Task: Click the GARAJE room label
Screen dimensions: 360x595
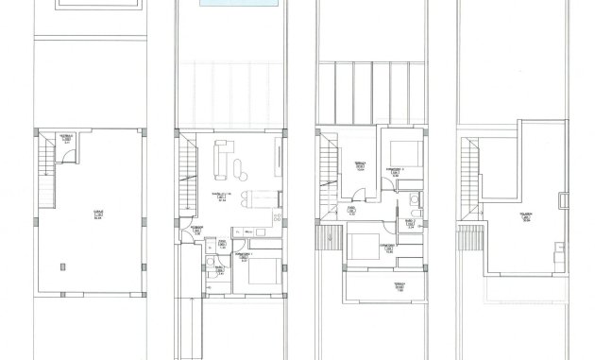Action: click(98, 214)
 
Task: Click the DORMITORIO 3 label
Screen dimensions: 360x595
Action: click(397, 170)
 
